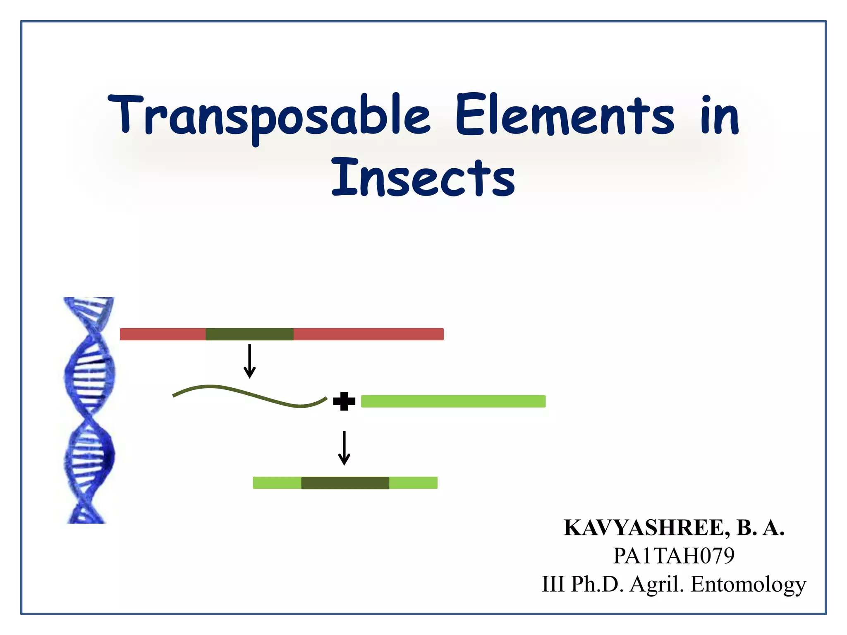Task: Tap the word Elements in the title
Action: (565, 115)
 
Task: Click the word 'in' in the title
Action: (720, 116)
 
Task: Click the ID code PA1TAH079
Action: (674, 556)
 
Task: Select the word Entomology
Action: (748, 584)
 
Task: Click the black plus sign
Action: (344, 401)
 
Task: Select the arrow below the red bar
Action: (249, 361)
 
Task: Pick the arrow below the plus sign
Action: (344, 448)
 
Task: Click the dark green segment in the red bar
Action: (249, 334)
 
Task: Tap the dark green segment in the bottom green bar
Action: (345, 483)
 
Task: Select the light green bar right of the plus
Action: (453, 401)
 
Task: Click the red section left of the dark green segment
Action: (163, 334)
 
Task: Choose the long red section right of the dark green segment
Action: (368, 334)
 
